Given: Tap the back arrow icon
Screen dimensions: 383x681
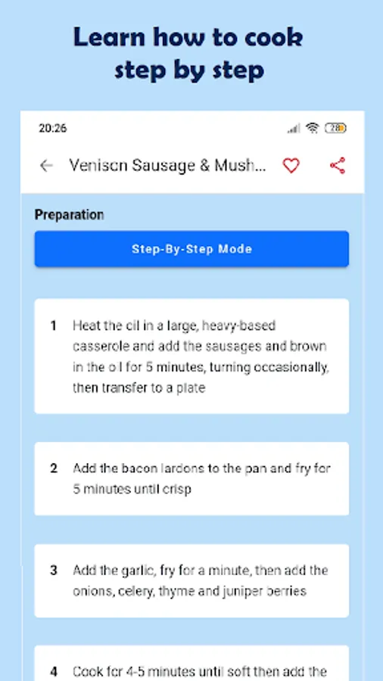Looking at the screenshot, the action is click(x=46, y=166).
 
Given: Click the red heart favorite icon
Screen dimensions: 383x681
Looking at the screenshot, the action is click(x=291, y=166).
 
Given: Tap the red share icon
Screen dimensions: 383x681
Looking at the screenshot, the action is click(x=338, y=166).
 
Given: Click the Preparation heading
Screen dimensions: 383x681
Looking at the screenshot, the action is click(x=69, y=215).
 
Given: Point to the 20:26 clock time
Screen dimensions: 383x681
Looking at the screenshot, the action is click(x=52, y=128).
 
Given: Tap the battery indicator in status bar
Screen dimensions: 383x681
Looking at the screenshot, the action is click(x=335, y=128).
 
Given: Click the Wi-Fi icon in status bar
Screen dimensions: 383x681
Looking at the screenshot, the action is click(x=312, y=128).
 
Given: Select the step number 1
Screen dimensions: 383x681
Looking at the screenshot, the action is click(x=54, y=325).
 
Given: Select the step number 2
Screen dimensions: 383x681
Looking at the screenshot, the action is click(x=54, y=468).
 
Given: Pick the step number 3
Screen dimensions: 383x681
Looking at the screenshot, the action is click(x=54, y=571).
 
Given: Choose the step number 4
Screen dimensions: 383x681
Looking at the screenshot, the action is click(x=54, y=672).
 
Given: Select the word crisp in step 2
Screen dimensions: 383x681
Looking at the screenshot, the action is click(x=176, y=490).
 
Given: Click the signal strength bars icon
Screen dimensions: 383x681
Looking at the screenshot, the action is click(x=294, y=128).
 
